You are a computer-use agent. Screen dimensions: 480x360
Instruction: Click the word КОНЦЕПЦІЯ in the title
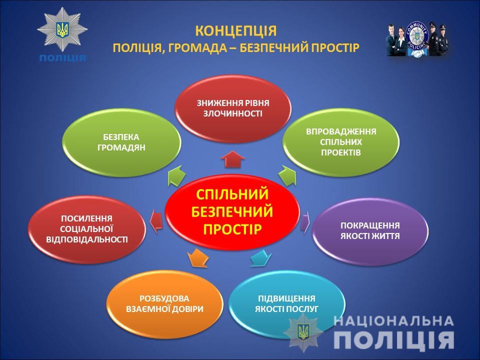tap(235, 31)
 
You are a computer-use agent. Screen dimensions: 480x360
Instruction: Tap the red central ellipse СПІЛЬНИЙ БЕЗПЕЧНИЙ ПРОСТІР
tap(232, 212)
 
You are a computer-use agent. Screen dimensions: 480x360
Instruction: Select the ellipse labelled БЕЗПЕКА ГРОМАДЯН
tap(121, 142)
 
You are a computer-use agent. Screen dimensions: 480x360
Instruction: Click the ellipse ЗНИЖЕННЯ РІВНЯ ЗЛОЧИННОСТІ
tap(232, 108)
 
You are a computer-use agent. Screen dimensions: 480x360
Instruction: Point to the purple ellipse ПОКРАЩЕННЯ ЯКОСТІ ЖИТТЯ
tap(370, 231)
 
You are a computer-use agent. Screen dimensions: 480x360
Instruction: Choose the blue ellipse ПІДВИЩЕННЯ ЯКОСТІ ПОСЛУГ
tap(286, 304)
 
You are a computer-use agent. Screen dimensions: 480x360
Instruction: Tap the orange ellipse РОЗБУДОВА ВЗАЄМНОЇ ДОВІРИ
tap(164, 304)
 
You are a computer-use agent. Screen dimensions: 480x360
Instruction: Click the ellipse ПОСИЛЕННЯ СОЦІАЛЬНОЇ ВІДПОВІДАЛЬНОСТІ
tap(86, 229)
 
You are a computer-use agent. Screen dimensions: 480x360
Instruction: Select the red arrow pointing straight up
tap(232, 159)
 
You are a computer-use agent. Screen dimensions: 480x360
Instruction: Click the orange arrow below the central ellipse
tap(197, 258)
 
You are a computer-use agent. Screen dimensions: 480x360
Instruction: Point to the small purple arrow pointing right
tap(305, 222)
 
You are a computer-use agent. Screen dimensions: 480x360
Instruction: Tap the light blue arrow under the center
tap(261, 258)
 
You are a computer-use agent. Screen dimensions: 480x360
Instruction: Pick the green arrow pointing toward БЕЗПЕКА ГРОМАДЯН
tap(176, 176)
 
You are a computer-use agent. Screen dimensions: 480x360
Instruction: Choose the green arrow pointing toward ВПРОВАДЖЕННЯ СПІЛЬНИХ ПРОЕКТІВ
tap(288, 175)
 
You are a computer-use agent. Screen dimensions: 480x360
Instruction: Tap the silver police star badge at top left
tap(62, 29)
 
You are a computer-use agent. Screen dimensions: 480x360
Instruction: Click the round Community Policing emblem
tap(416, 39)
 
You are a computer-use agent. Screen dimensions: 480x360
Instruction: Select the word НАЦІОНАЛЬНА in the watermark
tap(393, 321)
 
